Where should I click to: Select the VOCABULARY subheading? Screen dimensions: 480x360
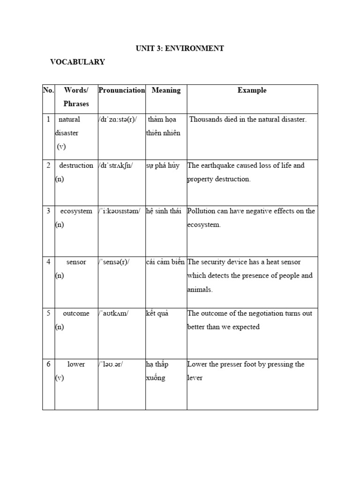pyautogui.click(x=77, y=62)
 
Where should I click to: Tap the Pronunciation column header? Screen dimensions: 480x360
pyautogui.click(x=122, y=90)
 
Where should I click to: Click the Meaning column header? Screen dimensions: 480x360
pyautogui.click(x=166, y=90)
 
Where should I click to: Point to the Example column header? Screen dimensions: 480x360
pyautogui.click(x=252, y=90)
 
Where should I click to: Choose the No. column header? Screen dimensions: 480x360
pyautogui.click(x=49, y=90)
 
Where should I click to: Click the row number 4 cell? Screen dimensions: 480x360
pyautogui.click(x=48, y=262)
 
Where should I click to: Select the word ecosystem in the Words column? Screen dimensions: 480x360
pyautogui.click(x=76, y=211)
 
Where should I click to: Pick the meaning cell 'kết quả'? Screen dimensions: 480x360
pyautogui.click(x=157, y=313)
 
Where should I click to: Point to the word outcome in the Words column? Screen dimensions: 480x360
pyautogui.click(x=76, y=313)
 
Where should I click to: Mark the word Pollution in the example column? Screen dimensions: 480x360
pyautogui.click(x=201, y=211)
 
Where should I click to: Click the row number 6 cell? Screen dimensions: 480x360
pyautogui.click(x=48, y=364)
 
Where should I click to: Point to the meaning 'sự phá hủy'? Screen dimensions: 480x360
pyautogui.click(x=163, y=165)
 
